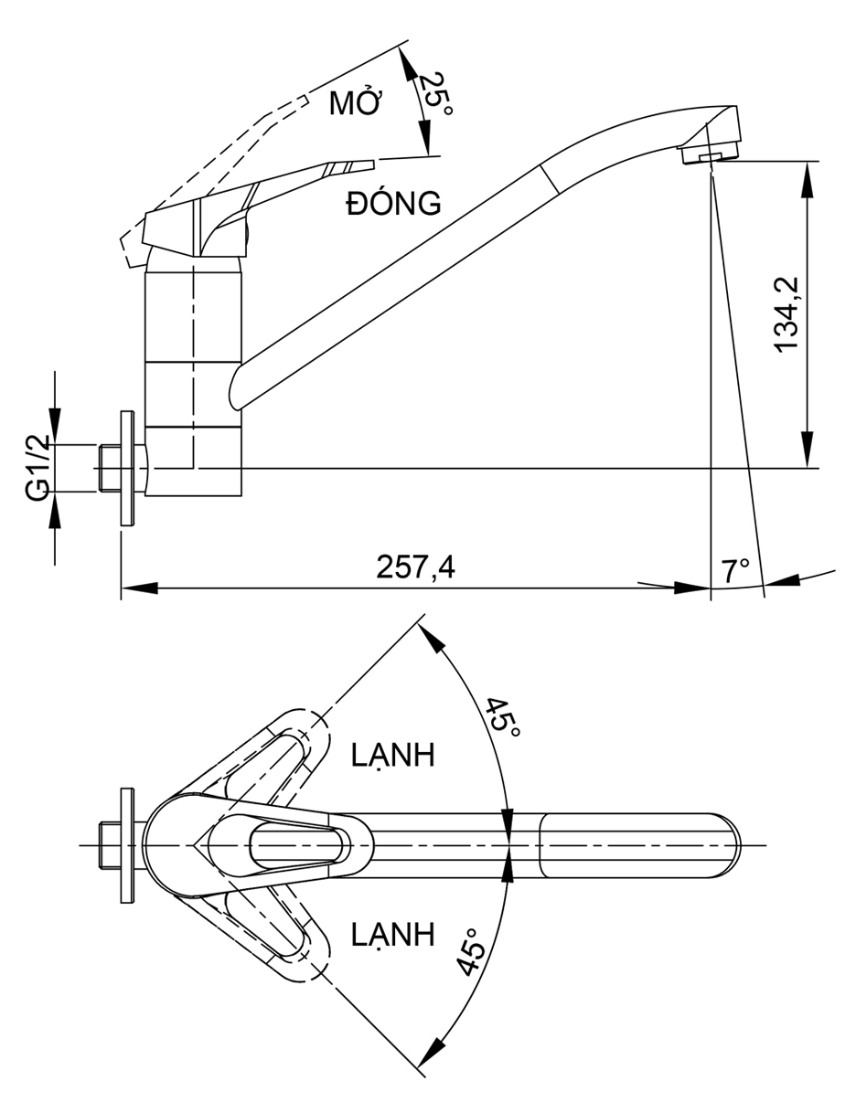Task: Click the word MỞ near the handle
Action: (x=355, y=102)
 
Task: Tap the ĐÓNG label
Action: (x=393, y=203)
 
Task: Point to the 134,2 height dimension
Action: (x=786, y=313)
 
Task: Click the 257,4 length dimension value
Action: (x=415, y=567)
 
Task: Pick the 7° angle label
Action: (x=735, y=571)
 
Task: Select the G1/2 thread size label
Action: (x=37, y=467)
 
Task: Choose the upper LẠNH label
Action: (x=392, y=756)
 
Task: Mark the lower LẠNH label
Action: (x=392, y=934)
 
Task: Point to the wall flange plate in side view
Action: (x=126, y=468)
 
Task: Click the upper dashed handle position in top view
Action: (x=274, y=755)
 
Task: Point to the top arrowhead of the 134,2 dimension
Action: (x=808, y=178)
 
